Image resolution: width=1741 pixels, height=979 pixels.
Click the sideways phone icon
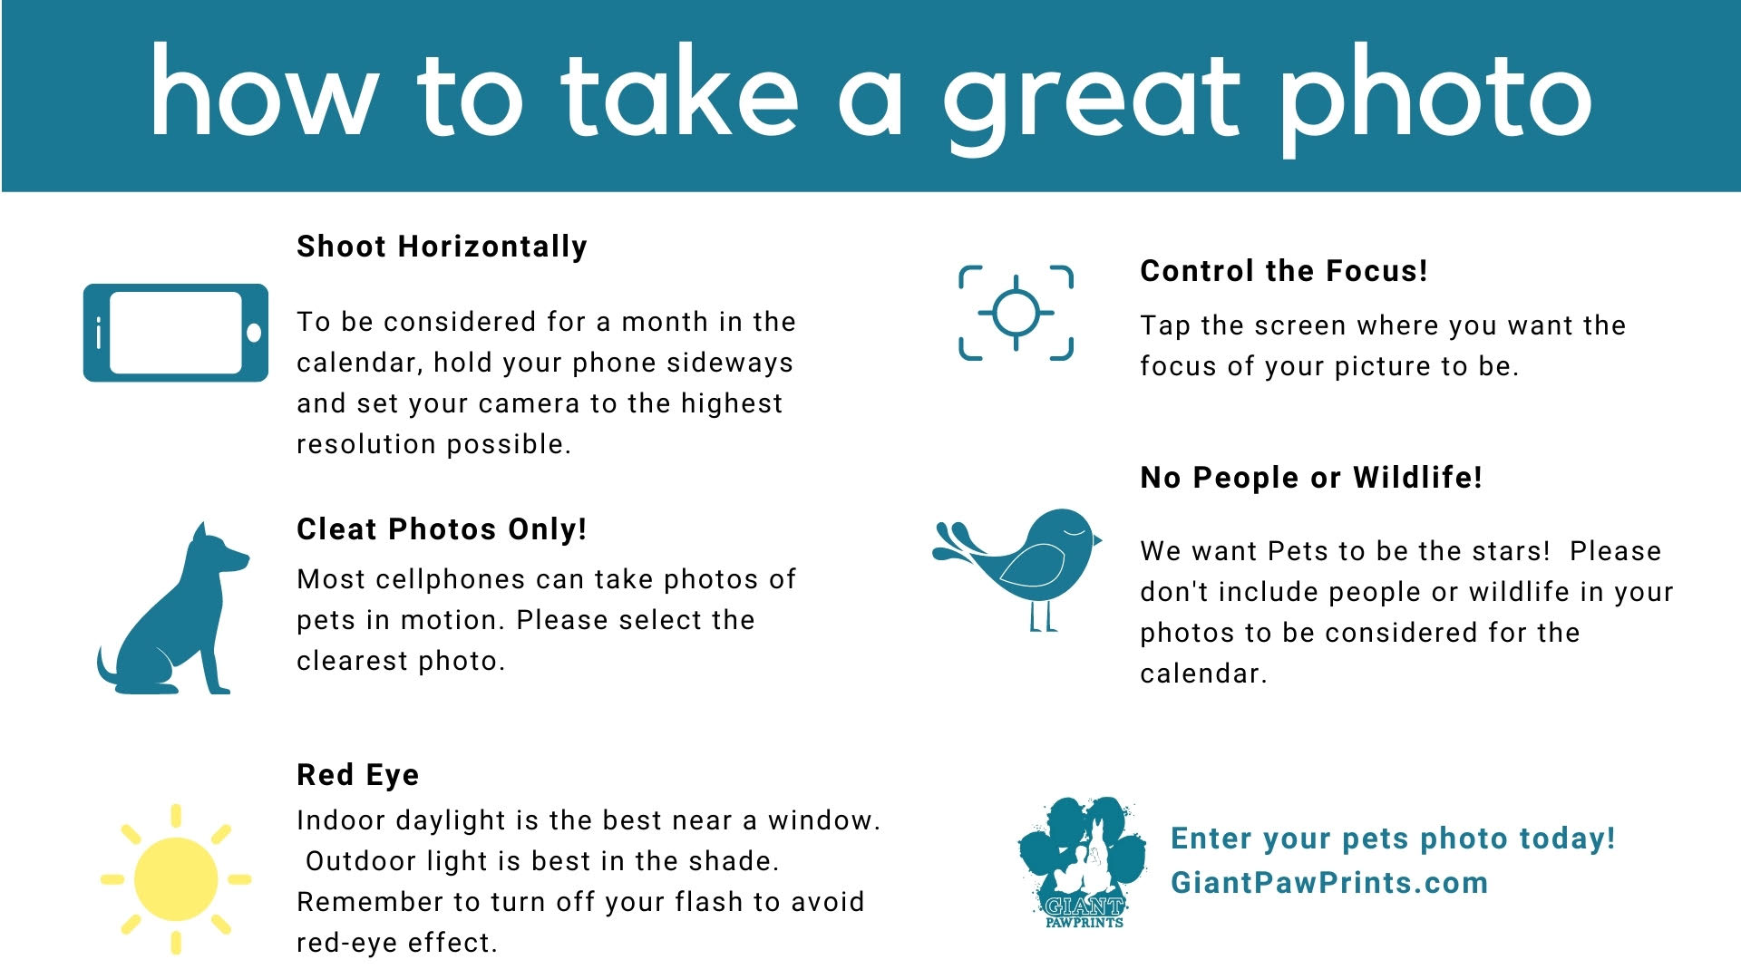176,333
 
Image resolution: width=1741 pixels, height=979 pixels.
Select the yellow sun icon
176,878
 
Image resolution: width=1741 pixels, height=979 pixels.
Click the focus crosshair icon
1016,313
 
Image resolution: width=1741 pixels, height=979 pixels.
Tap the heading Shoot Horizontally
443,247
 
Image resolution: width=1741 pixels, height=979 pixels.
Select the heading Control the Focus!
1284,271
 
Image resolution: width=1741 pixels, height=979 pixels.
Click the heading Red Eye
358,775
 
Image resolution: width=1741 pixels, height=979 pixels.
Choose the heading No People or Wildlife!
1311,478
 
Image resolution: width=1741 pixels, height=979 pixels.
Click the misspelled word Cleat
337,529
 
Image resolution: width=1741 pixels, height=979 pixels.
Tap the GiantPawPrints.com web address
1329,883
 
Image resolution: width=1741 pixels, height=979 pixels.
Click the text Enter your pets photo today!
1394,838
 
